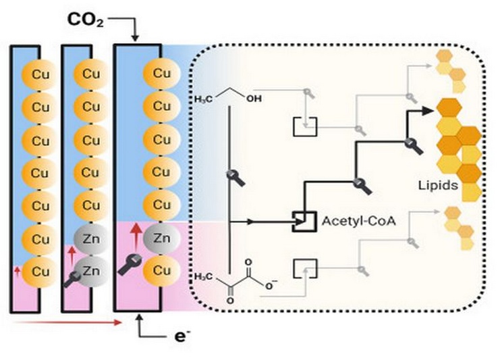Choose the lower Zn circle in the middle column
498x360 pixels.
coord(90,270)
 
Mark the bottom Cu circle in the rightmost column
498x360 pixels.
coord(161,270)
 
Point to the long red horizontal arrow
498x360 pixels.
coord(67,322)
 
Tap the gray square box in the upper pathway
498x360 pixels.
coord(302,126)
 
